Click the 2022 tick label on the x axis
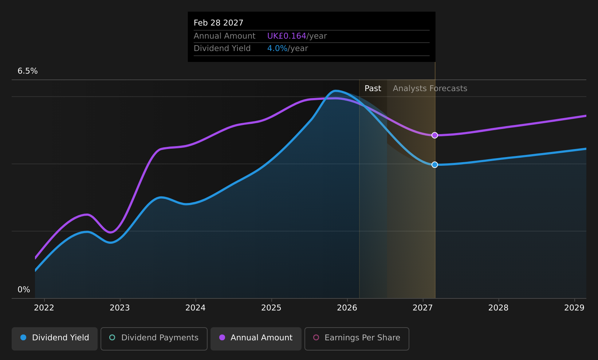click(x=44, y=308)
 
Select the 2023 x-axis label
click(x=120, y=308)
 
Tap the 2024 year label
click(x=196, y=308)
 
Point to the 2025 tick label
click(x=271, y=308)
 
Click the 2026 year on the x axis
click(x=347, y=308)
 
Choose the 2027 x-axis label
click(x=422, y=308)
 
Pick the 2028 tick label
click(x=499, y=308)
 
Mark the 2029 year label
click(x=574, y=308)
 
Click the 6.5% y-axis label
click(x=28, y=71)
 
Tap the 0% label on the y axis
click(x=24, y=290)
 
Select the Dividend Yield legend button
click(x=55, y=339)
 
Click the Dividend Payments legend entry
click(x=154, y=339)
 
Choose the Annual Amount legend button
click(x=256, y=339)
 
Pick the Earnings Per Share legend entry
click(x=357, y=339)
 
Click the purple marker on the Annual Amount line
click(x=434, y=136)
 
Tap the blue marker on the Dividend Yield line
click(x=434, y=165)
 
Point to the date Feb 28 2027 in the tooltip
click(x=219, y=23)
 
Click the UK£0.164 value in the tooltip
click(x=287, y=36)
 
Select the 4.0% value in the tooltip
click(x=277, y=48)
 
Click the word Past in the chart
click(x=373, y=89)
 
